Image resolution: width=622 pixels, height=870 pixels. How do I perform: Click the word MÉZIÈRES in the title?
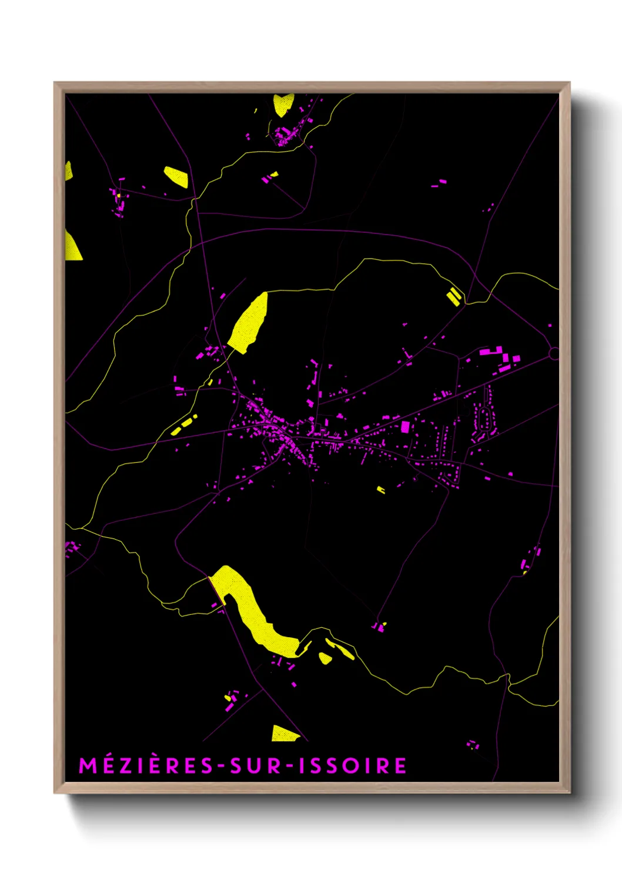[146, 765]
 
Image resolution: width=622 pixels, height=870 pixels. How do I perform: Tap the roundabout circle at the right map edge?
[554, 353]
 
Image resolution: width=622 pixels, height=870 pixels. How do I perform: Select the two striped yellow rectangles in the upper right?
[453, 296]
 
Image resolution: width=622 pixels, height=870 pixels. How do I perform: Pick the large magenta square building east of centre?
[405, 427]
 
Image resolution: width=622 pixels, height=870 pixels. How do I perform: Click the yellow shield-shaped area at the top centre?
[283, 105]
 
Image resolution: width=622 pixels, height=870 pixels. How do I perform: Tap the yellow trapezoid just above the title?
[285, 734]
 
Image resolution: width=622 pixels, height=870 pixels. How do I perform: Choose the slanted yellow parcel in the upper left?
[176, 176]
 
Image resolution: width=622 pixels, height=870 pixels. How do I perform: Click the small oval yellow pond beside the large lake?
[325, 658]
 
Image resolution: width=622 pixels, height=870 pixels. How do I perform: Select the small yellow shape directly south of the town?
[381, 489]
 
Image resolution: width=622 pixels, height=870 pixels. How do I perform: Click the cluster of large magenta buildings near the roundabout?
[499, 357]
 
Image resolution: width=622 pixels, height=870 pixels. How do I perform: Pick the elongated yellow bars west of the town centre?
[184, 425]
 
